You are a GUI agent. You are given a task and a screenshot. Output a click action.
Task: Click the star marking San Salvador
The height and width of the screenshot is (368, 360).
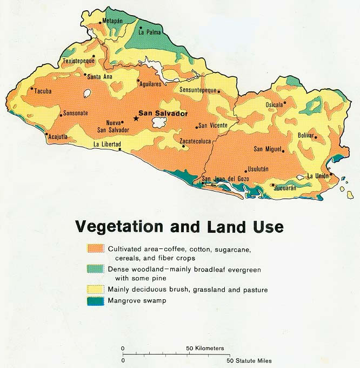click(x=135, y=119)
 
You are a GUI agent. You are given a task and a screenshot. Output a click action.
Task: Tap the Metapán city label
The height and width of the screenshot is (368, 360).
click(x=113, y=21)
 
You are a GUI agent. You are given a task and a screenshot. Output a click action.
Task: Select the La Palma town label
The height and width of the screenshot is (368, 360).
click(x=150, y=32)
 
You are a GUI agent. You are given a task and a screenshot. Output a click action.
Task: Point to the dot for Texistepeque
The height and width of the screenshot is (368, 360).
click(x=94, y=55)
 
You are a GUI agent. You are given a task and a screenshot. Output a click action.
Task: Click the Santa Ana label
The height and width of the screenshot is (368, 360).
click(x=99, y=76)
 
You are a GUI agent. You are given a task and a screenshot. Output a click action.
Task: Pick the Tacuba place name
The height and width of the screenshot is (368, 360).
click(x=43, y=91)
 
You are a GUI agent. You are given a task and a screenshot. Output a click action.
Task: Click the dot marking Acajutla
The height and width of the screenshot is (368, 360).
click(x=46, y=134)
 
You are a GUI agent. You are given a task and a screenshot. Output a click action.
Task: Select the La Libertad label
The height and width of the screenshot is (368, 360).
click(x=106, y=144)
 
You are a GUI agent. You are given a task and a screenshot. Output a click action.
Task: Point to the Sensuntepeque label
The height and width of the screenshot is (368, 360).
click(x=198, y=90)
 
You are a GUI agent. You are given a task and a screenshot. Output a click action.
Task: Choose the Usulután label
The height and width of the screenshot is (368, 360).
click(x=257, y=169)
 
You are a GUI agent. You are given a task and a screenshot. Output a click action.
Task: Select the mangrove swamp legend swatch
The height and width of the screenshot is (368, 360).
click(x=96, y=300)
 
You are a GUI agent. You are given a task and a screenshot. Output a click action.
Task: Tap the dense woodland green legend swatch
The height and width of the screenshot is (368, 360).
click(x=96, y=269)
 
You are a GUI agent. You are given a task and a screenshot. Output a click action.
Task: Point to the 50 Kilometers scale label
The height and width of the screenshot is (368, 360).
click(x=205, y=349)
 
